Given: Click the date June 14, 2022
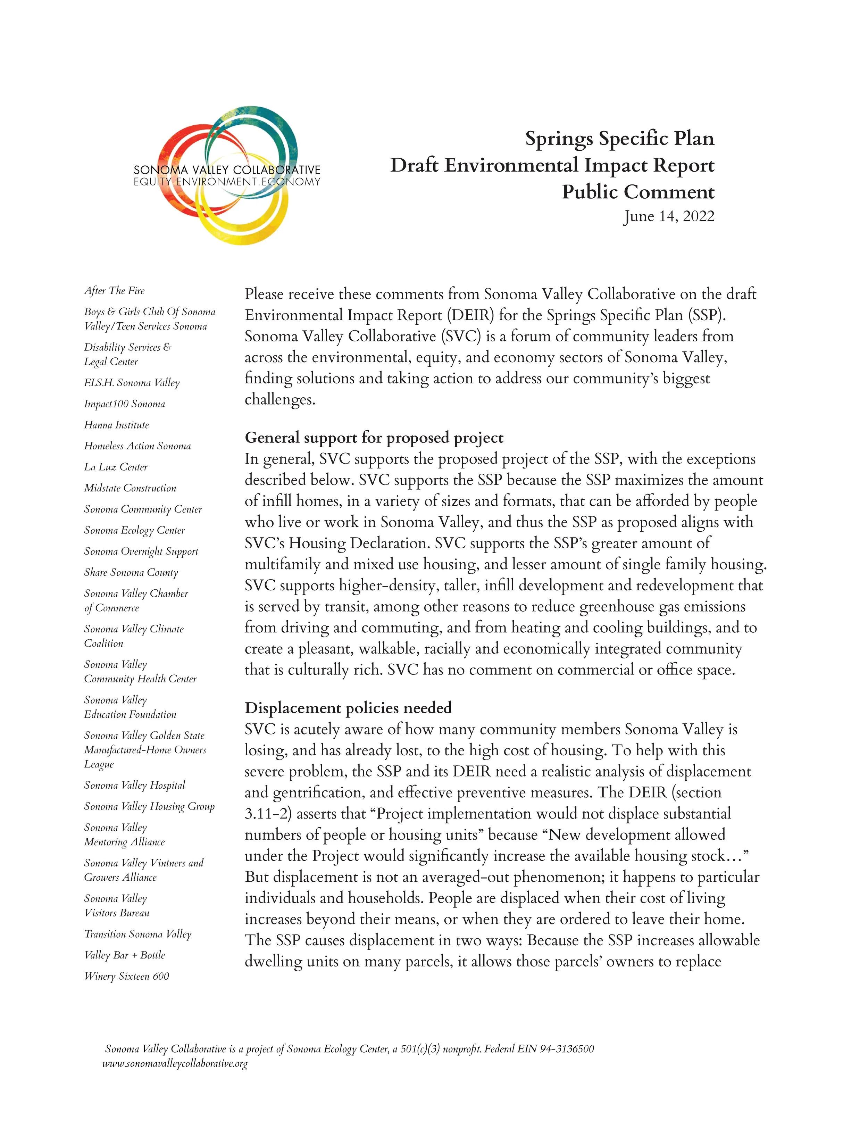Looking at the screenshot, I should [x=669, y=216].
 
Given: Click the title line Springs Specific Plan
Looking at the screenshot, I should [x=619, y=139].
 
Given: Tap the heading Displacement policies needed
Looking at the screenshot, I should [x=348, y=708].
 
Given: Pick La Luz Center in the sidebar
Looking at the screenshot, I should [x=116, y=467].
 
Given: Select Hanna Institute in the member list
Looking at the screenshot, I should [x=117, y=425].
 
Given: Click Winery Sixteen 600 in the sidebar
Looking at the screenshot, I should [x=126, y=976].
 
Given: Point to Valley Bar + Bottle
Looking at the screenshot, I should [x=125, y=955].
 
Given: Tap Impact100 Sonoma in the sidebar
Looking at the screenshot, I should [x=125, y=404].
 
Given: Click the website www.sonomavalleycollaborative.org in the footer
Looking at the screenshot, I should [x=175, y=1064].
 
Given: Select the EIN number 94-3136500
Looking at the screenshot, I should [x=567, y=1049].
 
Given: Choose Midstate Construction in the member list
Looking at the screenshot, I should [x=130, y=488].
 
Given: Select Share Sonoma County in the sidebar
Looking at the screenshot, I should [x=131, y=572].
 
